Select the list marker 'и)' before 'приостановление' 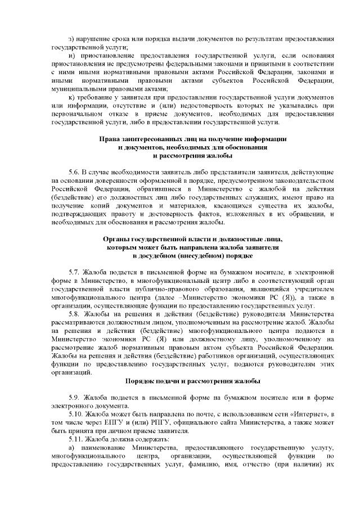coord(71,57)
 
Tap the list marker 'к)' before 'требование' coord(71,98)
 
